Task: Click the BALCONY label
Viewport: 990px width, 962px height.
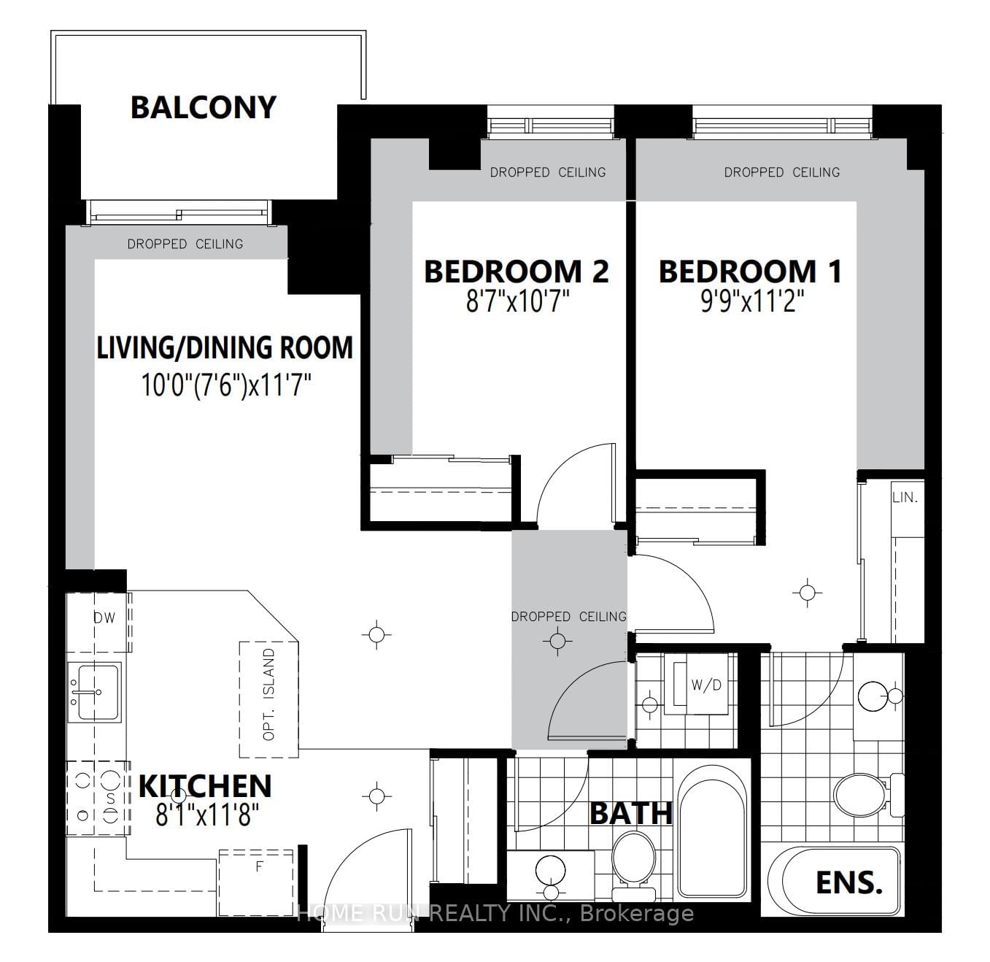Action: point(204,107)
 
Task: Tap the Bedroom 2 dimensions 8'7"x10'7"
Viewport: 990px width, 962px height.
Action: point(517,301)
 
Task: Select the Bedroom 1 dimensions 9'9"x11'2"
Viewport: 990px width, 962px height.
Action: point(752,301)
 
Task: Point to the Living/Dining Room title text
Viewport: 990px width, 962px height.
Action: point(225,347)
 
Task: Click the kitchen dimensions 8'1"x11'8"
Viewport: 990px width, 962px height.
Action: point(204,815)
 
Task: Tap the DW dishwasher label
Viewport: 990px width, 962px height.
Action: point(104,617)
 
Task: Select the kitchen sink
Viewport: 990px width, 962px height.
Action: point(94,690)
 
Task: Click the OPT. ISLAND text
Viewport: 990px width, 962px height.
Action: point(269,694)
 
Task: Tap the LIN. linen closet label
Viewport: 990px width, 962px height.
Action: point(905,498)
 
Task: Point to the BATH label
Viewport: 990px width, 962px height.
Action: point(630,813)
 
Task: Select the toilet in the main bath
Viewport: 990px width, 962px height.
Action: point(633,861)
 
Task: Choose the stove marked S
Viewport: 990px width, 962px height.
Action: point(98,799)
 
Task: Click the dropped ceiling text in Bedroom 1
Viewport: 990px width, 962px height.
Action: point(781,172)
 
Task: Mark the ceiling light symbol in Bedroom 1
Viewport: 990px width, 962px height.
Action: point(806,592)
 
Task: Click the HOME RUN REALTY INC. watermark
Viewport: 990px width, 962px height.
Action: point(495,913)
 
